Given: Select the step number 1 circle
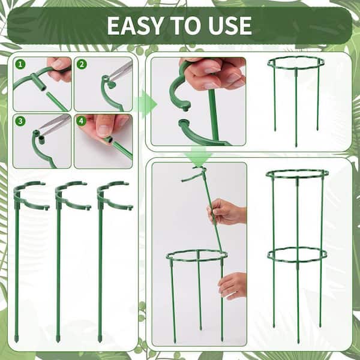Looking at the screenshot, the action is coord(20,64).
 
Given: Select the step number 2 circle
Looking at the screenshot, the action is coord(82,64).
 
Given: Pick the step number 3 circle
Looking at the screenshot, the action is coord(20,121).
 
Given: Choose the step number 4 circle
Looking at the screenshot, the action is coord(81,121).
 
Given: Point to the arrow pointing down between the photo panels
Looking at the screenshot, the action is coord(199,156).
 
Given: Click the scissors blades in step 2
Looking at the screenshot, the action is coord(121,71).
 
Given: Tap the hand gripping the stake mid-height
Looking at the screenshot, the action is coord(226,212).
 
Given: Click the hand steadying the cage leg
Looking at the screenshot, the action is coord(232,286).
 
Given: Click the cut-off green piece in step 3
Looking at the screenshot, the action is coord(41,140).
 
